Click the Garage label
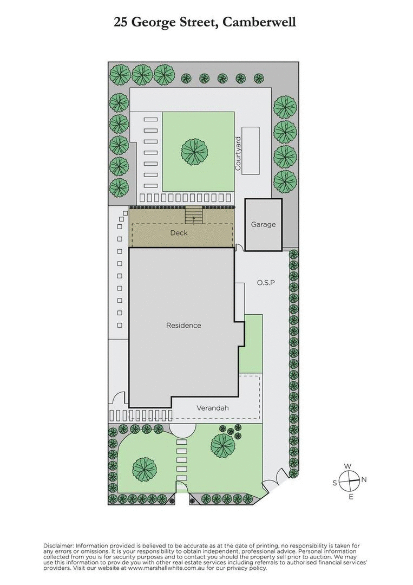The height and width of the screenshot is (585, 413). [263, 224]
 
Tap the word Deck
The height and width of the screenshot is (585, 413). [179, 233]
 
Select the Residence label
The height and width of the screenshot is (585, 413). [183, 326]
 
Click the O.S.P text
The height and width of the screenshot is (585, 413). [267, 282]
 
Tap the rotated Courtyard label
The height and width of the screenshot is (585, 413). [238, 153]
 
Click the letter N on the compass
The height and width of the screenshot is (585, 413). [364, 479]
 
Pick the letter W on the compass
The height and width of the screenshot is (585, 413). [349, 466]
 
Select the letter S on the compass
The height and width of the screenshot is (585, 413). [335, 482]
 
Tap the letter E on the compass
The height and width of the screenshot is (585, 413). [351, 496]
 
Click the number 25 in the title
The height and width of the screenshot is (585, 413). [121, 22]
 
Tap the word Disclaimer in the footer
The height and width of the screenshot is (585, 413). [58, 545]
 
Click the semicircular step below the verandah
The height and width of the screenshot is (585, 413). [183, 430]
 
